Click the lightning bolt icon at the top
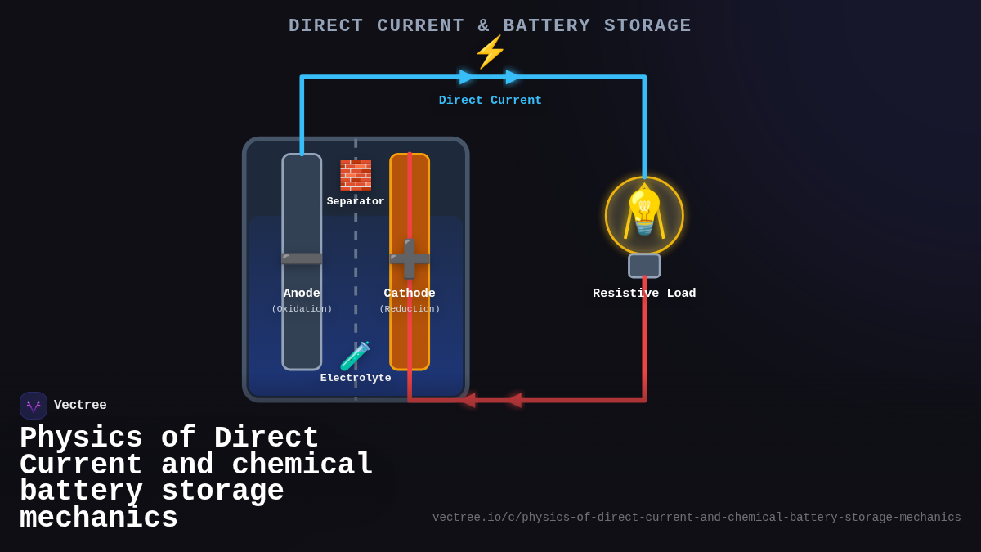490,52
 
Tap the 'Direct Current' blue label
490,101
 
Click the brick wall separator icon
356,175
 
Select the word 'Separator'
356,201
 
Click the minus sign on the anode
302,258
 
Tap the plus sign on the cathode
409,258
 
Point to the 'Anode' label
302,294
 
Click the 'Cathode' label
410,294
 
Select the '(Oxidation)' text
302,309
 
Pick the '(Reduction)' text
410,309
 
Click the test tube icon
356,357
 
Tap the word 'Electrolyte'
356,378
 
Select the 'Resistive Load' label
644,294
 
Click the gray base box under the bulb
644,266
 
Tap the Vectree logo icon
34,406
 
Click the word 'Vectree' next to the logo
80,406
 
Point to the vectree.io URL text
697,518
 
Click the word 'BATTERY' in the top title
547,26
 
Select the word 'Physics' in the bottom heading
81,438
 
